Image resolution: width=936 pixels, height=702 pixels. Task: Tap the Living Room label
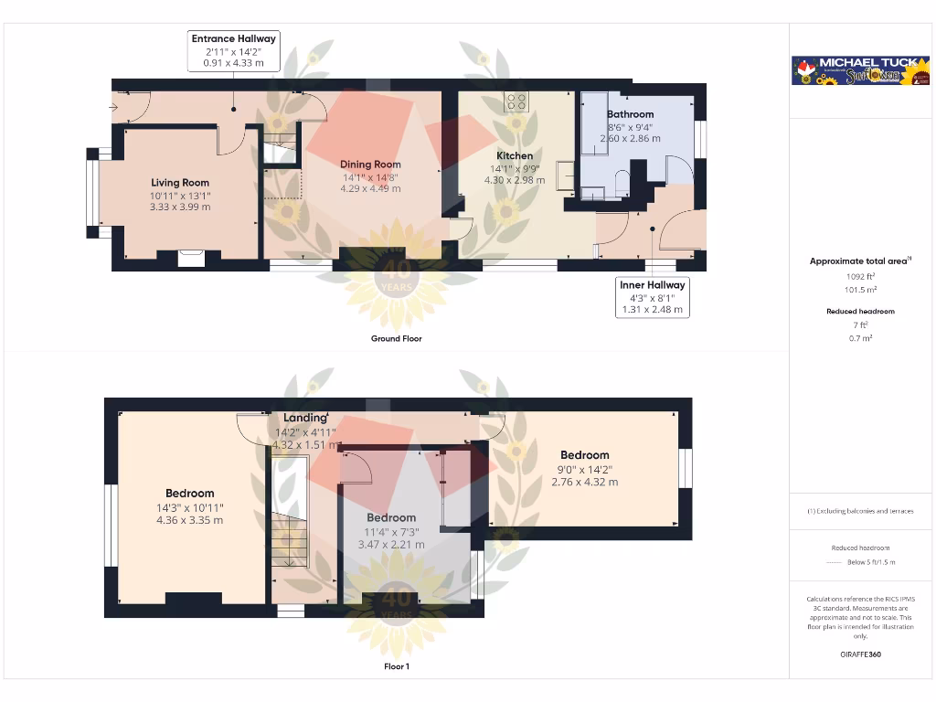click(x=180, y=183)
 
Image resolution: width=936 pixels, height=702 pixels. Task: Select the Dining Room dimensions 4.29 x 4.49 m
click(x=371, y=189)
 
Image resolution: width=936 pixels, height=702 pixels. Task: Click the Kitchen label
click(x=515, y=156)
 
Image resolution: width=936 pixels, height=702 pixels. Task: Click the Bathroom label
click(x=630, y=115)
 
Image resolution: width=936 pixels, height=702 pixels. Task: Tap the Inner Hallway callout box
click(x=653, y=297)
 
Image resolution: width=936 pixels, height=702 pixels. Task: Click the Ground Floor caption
click(x=396, y=339)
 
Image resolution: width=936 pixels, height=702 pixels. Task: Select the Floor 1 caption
click(x=396, y=667)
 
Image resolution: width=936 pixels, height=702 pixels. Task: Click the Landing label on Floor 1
click(x=305, y=419)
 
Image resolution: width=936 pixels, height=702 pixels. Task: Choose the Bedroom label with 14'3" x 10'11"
click(x=189, y=494)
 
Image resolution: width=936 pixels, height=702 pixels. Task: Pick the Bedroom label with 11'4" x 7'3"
click(x=391, y=518)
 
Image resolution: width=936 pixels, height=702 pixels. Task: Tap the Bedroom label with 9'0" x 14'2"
click(x=585, y=455)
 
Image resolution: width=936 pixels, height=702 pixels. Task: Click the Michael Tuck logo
click(x=860, y=71)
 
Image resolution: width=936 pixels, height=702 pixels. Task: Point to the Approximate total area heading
click(x=859, y=261)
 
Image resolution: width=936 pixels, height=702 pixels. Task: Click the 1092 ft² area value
click(x=859, y=275)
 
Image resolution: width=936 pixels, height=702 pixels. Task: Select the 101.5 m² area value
click(x=859, y=290)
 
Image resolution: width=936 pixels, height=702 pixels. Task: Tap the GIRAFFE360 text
click(x=859, y=654)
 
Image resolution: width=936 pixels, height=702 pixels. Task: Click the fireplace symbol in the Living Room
click(x=191, y=259)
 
